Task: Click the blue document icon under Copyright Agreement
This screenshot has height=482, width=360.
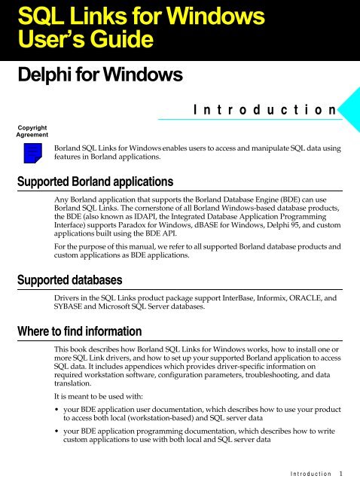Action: [x=32, y=154]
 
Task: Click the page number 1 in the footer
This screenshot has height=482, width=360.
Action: [x=341, y=474]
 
